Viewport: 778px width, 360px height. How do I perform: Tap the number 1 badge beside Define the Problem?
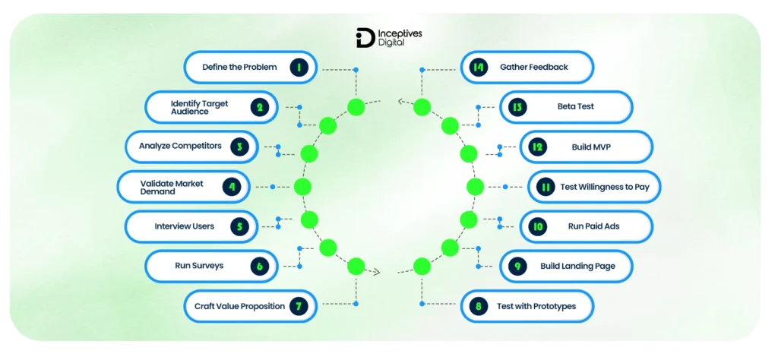[299, 68]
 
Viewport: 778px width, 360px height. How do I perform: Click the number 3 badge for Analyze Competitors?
[239, 147]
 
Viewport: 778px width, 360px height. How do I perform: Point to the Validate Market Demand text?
[168, 187]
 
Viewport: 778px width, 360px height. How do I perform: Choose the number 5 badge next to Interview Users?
[239, 226]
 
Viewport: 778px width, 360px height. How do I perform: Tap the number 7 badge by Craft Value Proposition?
[299, 307]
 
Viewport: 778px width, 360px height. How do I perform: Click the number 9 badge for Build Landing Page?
[517, 267]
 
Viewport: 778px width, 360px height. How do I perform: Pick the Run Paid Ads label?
[588, 226]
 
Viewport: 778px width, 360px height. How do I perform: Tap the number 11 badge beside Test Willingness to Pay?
[545, 187]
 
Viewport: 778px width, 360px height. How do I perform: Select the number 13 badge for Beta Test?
[517, 107]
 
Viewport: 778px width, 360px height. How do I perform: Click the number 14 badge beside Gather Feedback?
[478, 68]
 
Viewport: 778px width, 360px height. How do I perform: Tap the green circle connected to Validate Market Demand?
[302, 187]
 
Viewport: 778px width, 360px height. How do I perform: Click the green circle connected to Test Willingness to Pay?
[475, 187]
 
